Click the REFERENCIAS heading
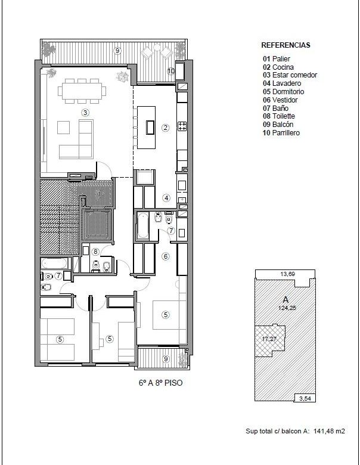tap(285, 45)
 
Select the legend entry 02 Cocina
tap(278, 67)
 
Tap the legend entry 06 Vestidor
tap(280, 100)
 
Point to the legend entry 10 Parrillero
tap(281, 132)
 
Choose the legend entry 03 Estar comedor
tap(290, 75)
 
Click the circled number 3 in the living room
tap(85, 113)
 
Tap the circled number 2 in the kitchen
tap(165, 128)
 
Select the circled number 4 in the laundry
tap(166, 197)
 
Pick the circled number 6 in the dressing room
tap(166, 256)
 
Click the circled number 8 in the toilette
tap(95, 252)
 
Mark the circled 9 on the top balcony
tap(117, 51)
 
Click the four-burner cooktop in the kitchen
tap(182, 126)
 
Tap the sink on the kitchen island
tap(150, 128)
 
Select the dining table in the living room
tap(81, 91)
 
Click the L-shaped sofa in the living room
tap(76, 139)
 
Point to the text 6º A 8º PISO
tap(161, 383)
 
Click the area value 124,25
tap(287, 308)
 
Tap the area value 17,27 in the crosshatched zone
tap(269, 339)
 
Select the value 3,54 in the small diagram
tap(305, 398)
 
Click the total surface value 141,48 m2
tap(329, 431)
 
